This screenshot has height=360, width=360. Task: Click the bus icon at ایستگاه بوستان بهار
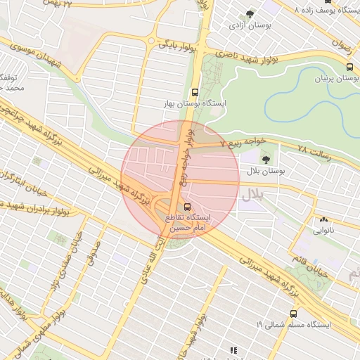pos(195,91)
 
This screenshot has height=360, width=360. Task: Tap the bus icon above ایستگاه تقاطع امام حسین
pos(187,207)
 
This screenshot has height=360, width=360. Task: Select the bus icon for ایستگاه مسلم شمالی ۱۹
pos(293,314)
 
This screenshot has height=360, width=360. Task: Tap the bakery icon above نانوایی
pos(323,219)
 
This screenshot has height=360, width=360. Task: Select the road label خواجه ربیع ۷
pos(243,142)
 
